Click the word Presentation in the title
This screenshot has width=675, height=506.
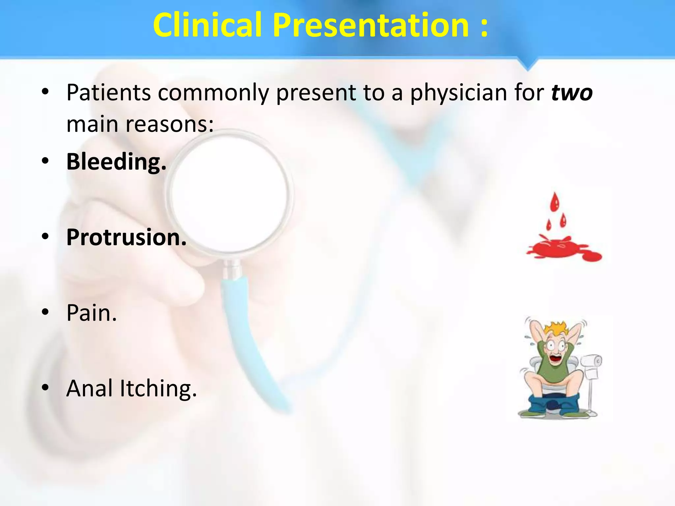pyautogui.click(x=371, y=26)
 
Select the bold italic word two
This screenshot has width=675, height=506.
pyautogui.click(x=572, y=93)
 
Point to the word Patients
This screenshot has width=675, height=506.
pyautogui.click(x=108, y=93)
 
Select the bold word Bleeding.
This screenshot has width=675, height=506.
pyautogui.click(x=116, y=162)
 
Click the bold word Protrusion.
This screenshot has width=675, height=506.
pyautogui.click(x=126, y=237)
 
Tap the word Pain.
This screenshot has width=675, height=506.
pyautogui.click(x=91, y=313)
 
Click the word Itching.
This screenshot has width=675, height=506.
pyautogui.click(x=158, y=388)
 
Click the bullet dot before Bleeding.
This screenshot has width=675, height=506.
pyautogui.click(x=45, y=161)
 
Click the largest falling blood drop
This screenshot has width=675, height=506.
pyautogui.click(x=555, y=202)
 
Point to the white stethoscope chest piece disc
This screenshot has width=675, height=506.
pyautogui.click(x=230, y=194)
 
